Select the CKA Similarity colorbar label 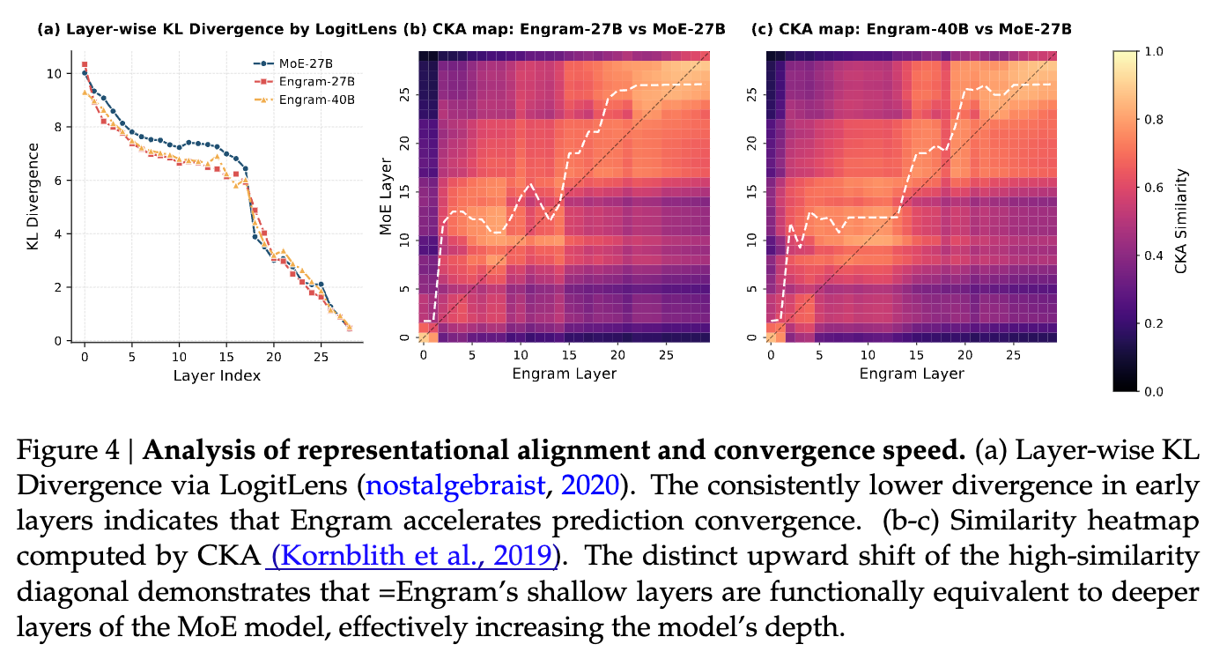(1183, 221)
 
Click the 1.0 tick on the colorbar (1153, 52)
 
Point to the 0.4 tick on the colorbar (1153, 255)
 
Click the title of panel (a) (217, 30)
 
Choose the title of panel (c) (912, 30)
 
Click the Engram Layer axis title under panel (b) (565, 373)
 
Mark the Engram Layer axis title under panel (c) (912, 373)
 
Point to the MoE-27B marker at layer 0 (85, 73)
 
